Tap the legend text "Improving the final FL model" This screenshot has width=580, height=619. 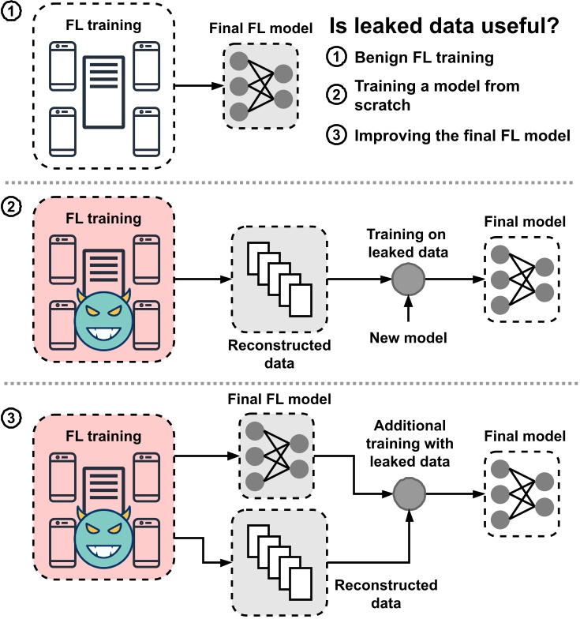(462, 135)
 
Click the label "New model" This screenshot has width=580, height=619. (409, 339)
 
